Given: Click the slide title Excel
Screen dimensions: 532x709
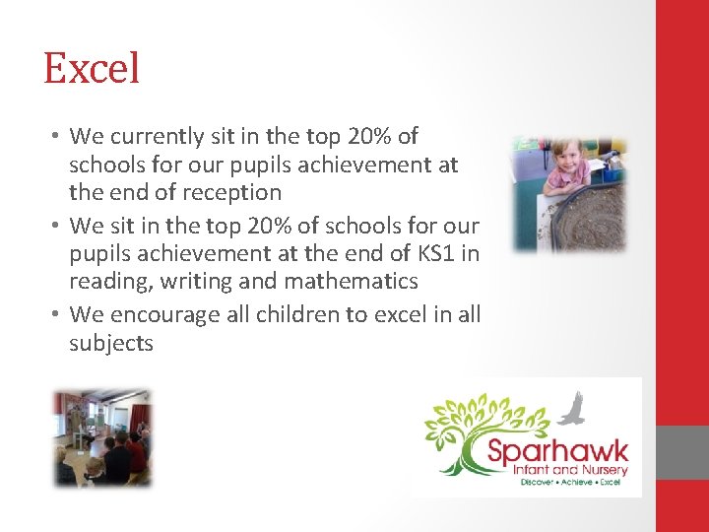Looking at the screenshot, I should click(92, 69).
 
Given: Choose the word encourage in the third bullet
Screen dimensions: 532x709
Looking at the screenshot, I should click(153, 315).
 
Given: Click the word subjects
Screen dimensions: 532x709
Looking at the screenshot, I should click(111, 344).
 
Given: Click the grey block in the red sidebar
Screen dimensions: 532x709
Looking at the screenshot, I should click(682, 453).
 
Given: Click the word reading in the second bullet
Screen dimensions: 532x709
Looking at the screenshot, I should click(103, 283).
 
